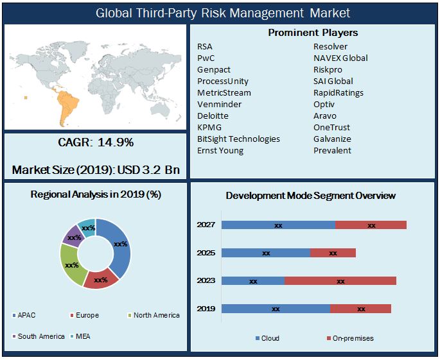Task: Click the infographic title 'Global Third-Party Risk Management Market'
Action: [x=223, y=13]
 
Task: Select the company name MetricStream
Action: [x=224, y=93]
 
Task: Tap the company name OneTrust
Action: [x=331, y=128]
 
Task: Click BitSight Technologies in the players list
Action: [x=238, y=139]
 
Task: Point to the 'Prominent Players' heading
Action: [x=313, y=33]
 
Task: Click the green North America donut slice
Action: [x=71, y=264]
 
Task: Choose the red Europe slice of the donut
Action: [x=101, y=280]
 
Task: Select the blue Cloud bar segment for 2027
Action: [x=278, y=225]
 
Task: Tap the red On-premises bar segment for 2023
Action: [x=340, y=281]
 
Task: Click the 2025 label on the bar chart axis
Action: [x=206, y=253]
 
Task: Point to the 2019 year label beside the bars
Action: [x=206, y=309]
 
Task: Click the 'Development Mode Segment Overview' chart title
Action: [x=310, y=195]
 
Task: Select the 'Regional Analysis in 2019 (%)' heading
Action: [x=95, y=194]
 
